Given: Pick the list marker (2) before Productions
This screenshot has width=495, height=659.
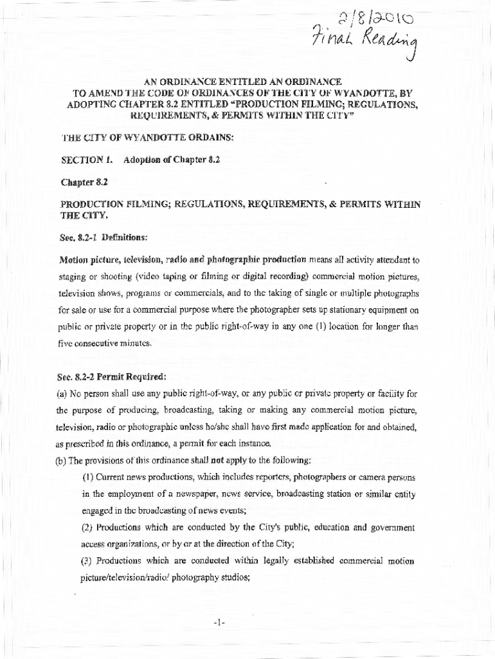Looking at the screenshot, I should click(x=88, y=528).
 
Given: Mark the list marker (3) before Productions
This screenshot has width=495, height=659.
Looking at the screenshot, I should click(x=88, y=561).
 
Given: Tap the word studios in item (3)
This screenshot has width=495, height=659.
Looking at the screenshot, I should click(x=231, y=578).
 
